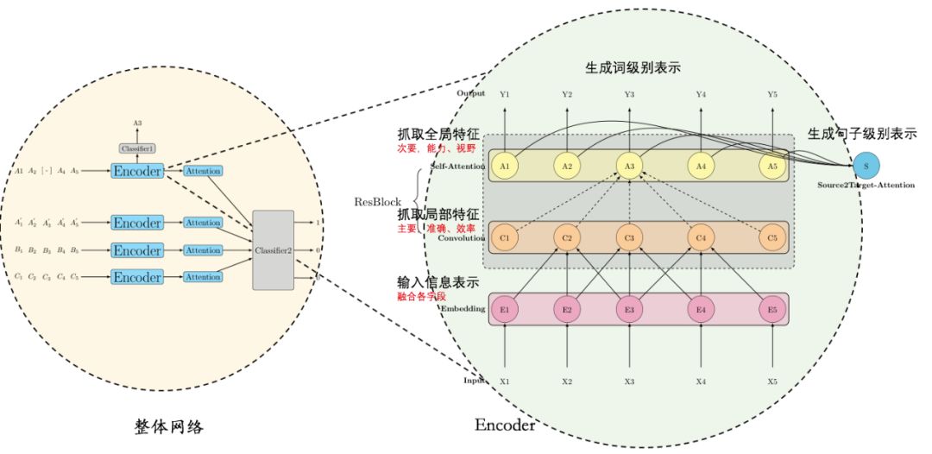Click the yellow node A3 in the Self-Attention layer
coord(629,166)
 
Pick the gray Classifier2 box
coord(273,250)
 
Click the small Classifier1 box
coord(138,149)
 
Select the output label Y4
coord(701,94)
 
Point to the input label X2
coord(567,381)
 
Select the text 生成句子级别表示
coord(861,134)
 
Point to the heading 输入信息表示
coord(438,282)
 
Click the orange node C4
coord(701,237)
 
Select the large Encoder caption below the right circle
coord(505,426)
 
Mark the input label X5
coord(772,381)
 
